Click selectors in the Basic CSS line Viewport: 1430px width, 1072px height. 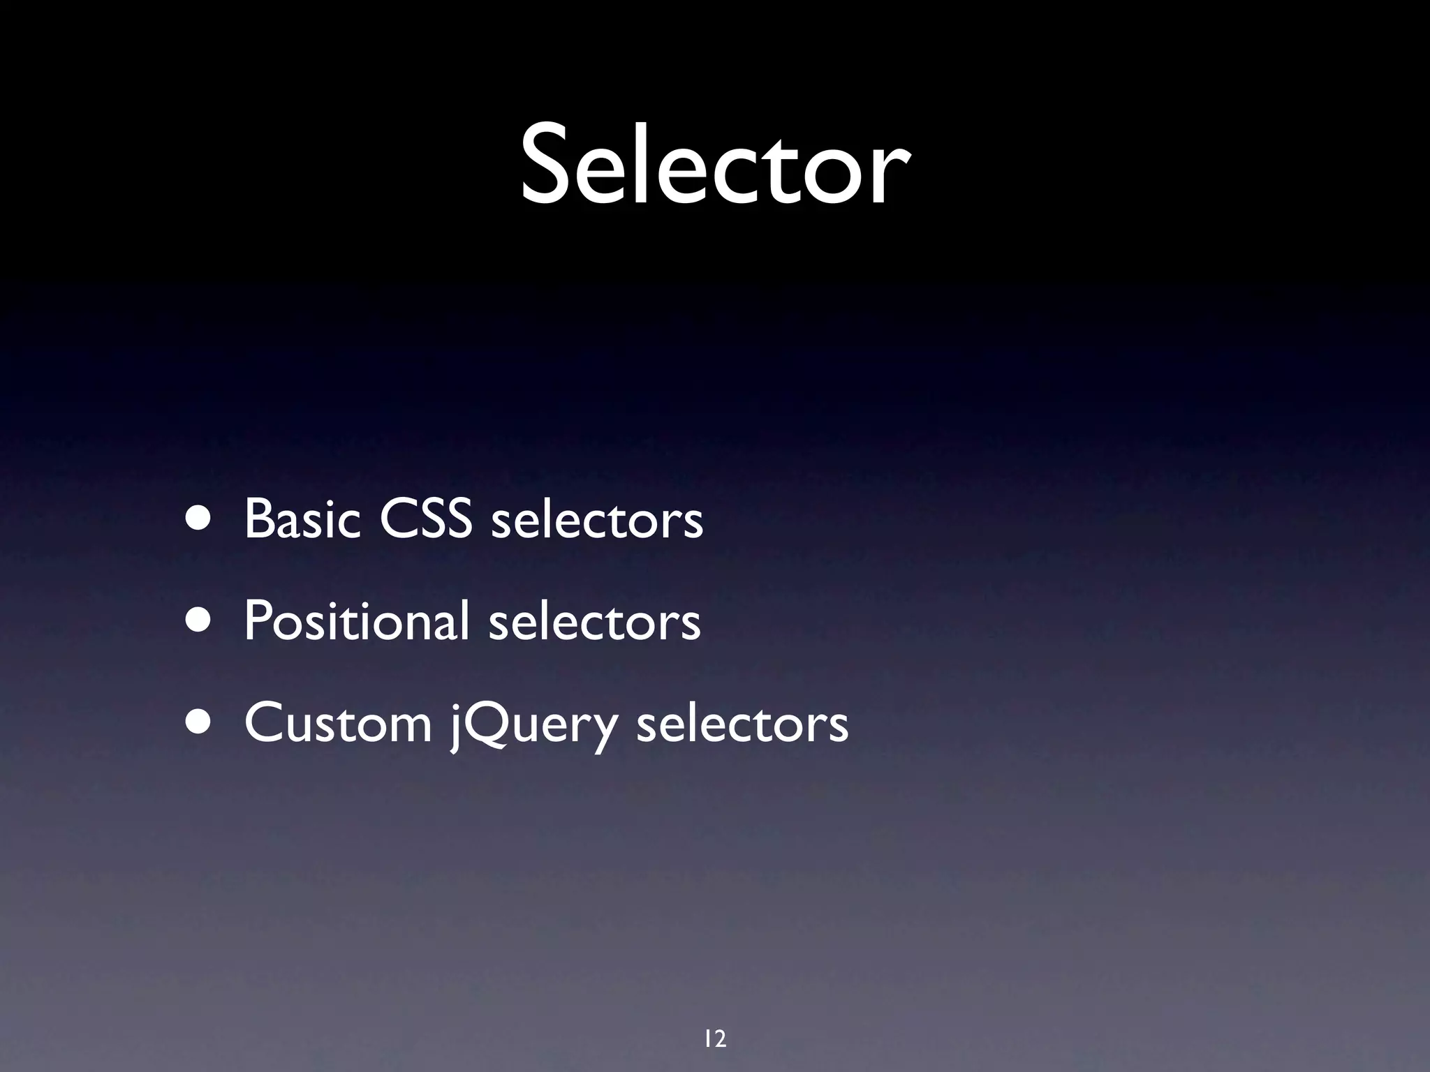[597, 521]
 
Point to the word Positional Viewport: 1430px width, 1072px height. [356, 621]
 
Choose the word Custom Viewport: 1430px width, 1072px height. [338, 723]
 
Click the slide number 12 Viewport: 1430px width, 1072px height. [715, 1039]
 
